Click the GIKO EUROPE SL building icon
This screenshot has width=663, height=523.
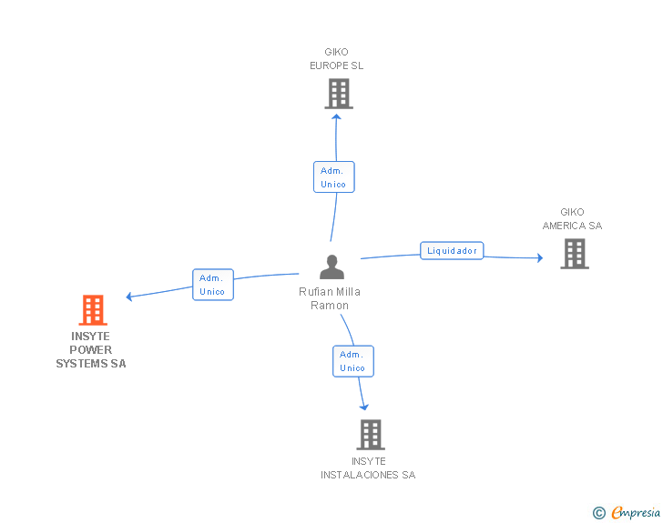coord(338,94)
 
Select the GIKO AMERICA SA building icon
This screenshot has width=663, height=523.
coord(574,254)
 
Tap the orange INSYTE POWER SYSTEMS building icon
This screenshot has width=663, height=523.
coord(92,310)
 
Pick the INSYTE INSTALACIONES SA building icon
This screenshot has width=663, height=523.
coord(370,435)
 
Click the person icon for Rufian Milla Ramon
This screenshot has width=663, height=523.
coord(331,267)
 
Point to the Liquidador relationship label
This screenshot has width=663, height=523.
coord(452,250)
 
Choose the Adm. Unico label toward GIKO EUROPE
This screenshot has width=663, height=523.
coord(333,177)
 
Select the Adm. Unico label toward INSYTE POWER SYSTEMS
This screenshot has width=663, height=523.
coord(213,285)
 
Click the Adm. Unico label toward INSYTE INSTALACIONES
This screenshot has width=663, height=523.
coord(352,361)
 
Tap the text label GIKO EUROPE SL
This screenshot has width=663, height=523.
coord(336,59)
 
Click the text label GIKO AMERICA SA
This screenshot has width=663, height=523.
coord(572,219)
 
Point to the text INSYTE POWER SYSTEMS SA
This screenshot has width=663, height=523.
coord(91,350)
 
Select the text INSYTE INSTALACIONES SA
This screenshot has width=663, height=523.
coord(368,468)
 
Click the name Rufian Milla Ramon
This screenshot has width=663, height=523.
coord(330,298)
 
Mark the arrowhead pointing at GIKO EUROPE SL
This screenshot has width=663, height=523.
coord(337,115)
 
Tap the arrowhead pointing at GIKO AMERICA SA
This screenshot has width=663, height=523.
coord(539,258)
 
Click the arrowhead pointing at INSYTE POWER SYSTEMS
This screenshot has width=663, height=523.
coord(130,297)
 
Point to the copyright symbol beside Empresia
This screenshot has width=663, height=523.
coord(599,514)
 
